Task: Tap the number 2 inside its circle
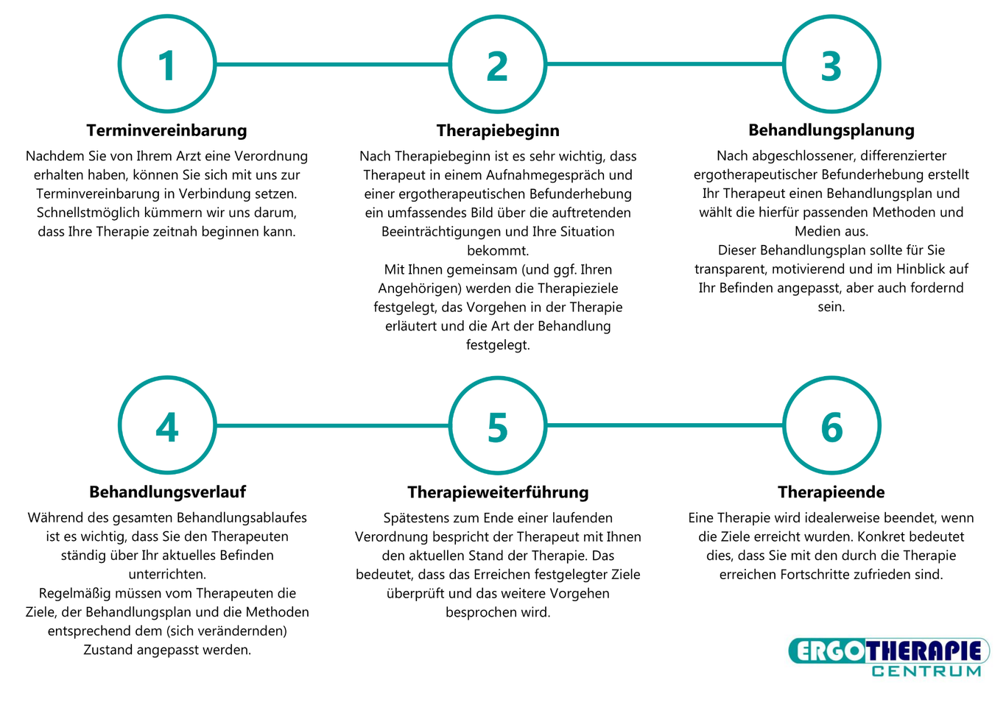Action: [x=497, y=66]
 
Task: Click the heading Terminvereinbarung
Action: [x=166, y=131]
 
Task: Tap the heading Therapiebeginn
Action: [x=498, y=131]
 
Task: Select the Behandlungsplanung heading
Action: [x=831, y=130]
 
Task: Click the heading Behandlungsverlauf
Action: [x=167, y=492]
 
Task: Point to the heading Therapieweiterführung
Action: [x=498, y=492]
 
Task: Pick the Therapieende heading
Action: [x=831, y=492]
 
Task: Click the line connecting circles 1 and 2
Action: [x=332, y=64]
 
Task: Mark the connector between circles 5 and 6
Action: [x=665, y=425]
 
